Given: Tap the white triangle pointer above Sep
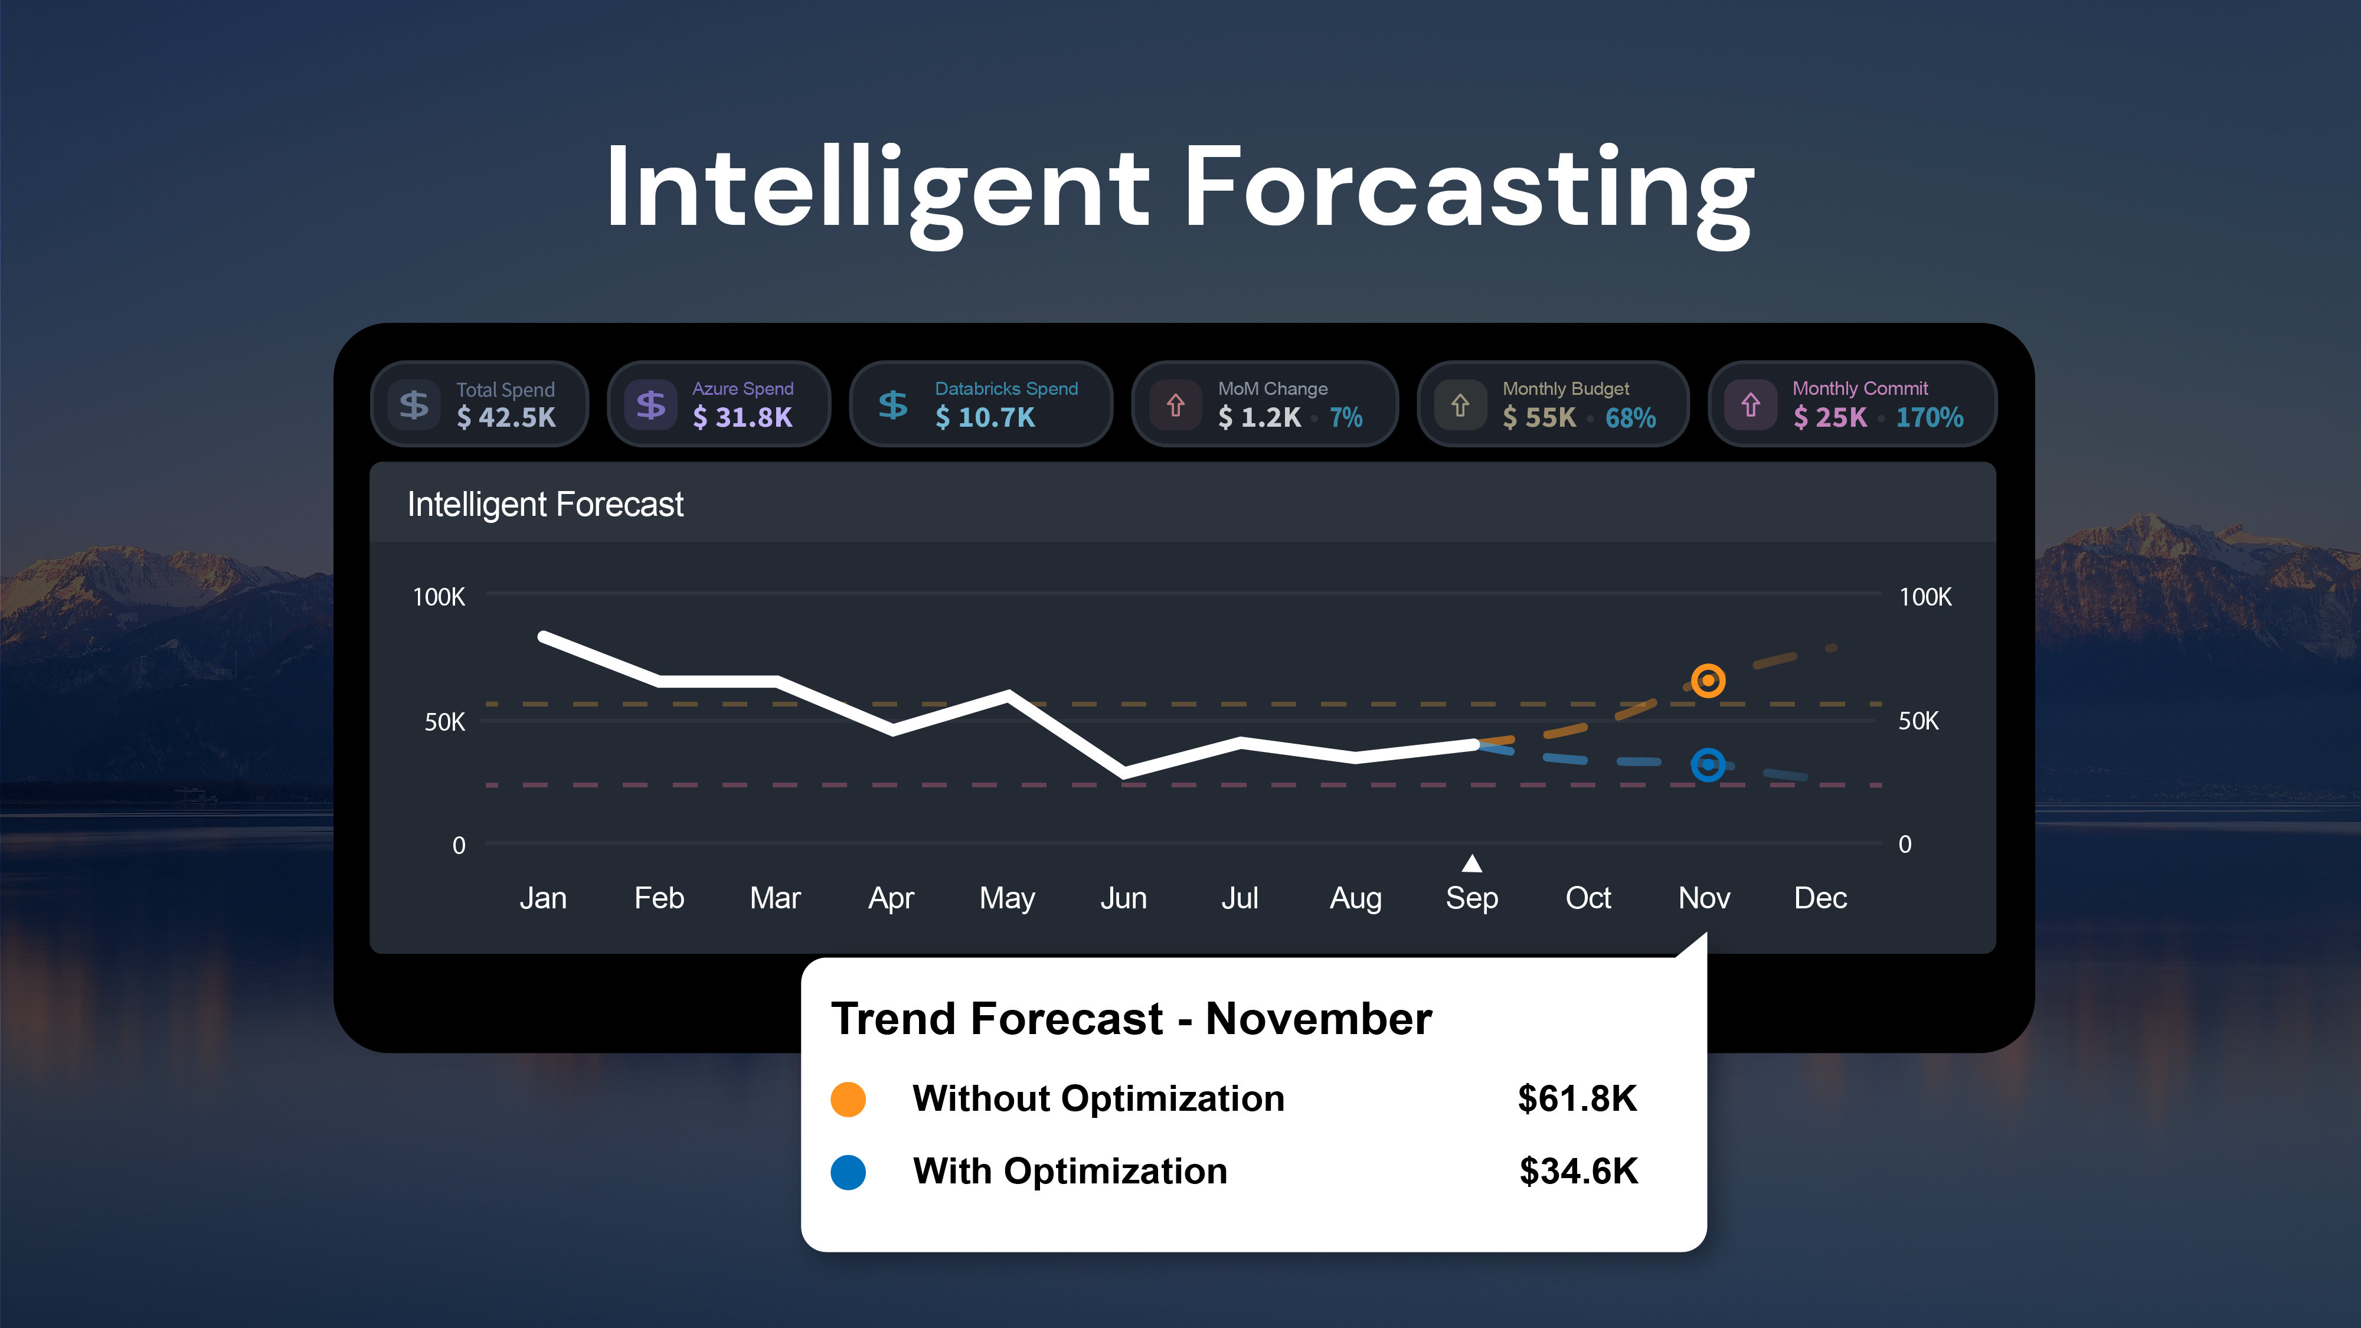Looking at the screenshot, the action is [x=1472, y=863].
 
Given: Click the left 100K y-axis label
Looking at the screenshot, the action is [x=439, y=597].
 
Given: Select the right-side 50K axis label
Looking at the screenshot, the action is [x=1918, y=721].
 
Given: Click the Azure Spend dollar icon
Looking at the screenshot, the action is [x=650, y=404].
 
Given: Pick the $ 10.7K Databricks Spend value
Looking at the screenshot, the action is [x=985, y=418].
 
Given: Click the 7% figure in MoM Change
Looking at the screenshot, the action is [x=1346, y=418].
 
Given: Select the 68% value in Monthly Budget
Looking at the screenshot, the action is [x=1630, y=418].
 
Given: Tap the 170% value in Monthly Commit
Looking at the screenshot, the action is [x=1930, y=418].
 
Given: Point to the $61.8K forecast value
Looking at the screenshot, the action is [x=1577, y=1098].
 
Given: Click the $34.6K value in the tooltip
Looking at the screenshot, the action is [x=1578, y=1171].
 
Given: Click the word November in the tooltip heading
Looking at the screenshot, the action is [x=1319, y=1018].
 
